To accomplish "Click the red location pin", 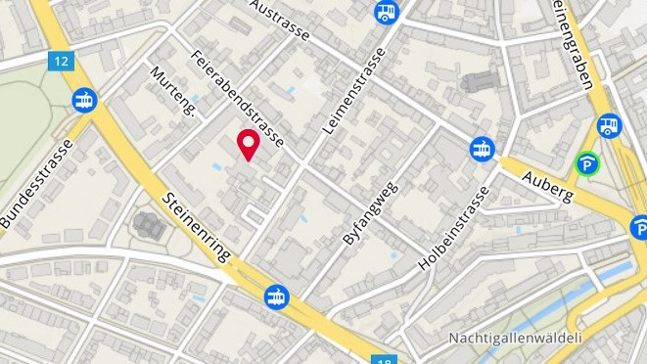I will click(249, 144).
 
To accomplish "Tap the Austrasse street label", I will click(280, 20).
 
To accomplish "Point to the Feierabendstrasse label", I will click(237, 99).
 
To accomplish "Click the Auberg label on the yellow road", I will click(546, 183).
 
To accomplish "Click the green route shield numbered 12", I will click(62, 61).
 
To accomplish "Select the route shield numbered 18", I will click(385, 359).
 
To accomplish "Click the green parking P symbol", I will click(587, 165).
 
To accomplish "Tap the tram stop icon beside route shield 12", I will click(84, 100).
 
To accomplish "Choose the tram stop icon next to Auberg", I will click(482, 149).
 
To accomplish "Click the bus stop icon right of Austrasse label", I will click(387, 13).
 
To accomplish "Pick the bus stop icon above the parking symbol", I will click(610, 125).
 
